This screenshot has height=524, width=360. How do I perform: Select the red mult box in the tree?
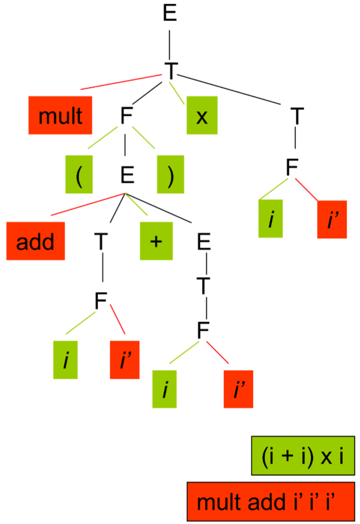61,116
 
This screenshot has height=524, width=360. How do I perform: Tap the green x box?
202,116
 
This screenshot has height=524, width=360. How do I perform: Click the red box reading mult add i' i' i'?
270,501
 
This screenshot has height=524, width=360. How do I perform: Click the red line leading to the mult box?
121,82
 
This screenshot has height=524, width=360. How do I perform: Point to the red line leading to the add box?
81,206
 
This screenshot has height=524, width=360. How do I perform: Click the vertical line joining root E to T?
170,40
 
